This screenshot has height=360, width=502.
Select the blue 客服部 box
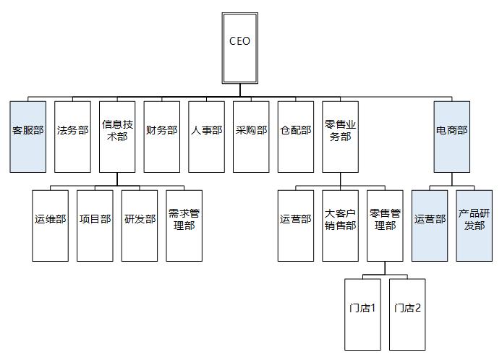[28, 137]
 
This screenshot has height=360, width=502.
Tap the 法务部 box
[72, 137]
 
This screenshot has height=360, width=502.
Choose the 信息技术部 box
[117, 137]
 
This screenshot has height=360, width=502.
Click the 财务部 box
[161, 137]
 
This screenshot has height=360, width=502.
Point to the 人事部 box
[206, 137]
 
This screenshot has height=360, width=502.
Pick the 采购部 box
[251, 137]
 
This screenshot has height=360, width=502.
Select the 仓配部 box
[295, 137]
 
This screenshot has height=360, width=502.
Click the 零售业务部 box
[340, 137]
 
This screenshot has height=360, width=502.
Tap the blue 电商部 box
[452, 137]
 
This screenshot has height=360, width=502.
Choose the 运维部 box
[51, 226]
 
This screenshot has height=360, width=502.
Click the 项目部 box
[95, 226]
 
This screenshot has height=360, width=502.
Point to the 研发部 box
[140, 226]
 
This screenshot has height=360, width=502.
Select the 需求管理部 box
[184, 226]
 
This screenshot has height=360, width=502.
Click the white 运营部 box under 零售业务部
[295, 226]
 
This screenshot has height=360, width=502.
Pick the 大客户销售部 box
[340, 226]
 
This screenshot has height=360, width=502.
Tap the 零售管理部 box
[384, 226]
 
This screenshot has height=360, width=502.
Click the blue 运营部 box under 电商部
[430, 226]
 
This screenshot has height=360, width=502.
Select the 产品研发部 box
[474, 226]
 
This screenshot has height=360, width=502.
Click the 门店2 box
[407, 314]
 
